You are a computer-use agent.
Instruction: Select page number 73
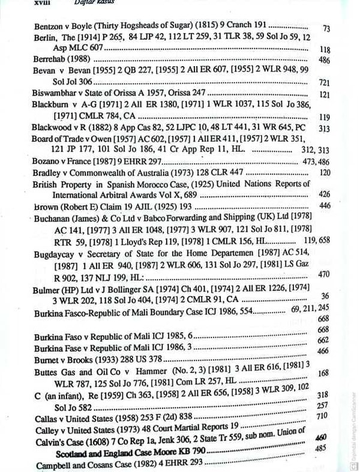pyautogui.click(x=326, y=28)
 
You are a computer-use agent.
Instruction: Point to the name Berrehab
pyautogui.click(x=51, y=60)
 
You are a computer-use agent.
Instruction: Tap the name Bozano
pyautogui.click(x=47, y=162)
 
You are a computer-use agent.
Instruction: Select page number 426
pyautogui.click(x=325, y=195)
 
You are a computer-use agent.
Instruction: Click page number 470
pyautogui.click(x=325, y=274)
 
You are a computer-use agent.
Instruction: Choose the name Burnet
pyautogui.click(x=49, y=359)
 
